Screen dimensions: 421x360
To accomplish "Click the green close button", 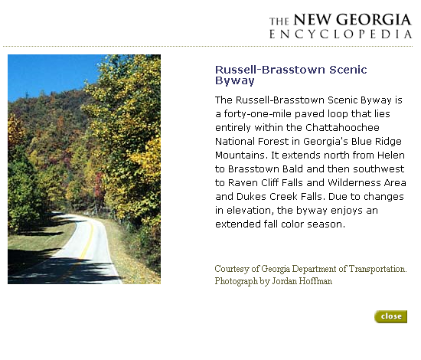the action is point(390,316).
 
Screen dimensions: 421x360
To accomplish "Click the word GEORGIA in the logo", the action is point(374,20).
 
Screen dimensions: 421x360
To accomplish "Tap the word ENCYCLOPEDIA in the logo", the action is point(341,34).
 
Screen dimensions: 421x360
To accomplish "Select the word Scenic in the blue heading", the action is point(348,70).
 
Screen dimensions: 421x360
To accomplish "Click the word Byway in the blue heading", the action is point(235,81).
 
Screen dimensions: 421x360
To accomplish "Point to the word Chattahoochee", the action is point(342,127).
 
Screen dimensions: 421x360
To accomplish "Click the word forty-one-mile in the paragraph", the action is point(258,114).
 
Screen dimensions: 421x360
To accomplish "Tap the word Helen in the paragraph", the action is point(391,155).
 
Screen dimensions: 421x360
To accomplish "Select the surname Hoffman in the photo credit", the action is point(315,281).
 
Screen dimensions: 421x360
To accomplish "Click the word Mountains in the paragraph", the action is point(241,155).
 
